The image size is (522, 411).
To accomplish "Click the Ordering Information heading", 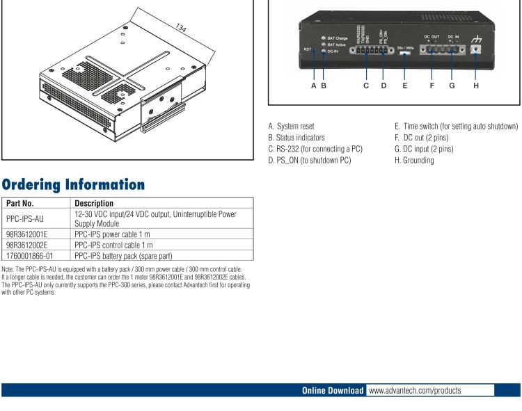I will [73, 184].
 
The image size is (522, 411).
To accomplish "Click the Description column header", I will [93, 203].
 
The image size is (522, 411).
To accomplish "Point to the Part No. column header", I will [20, 203].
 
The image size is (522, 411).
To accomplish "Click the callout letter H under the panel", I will [476, 86].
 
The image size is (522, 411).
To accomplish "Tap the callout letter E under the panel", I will [405, 86].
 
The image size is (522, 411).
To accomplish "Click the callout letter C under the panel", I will [366, 86].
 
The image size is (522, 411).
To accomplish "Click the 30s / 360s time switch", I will [405, 52].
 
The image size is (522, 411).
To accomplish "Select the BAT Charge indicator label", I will [337, 38].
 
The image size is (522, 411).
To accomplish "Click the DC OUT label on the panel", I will [432, 35].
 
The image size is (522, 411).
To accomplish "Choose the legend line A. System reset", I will [291, 127].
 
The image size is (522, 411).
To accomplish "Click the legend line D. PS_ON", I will [309, 160].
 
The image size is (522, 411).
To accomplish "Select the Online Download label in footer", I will [332, 391].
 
